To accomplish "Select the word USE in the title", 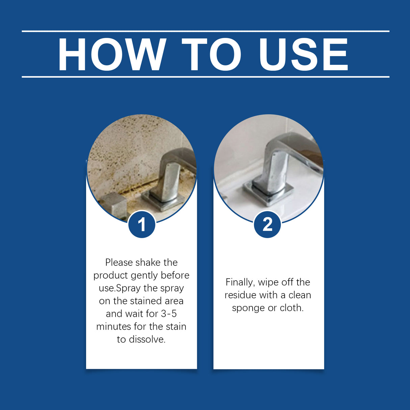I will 303,55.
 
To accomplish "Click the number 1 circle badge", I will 142,224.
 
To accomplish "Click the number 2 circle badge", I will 267,224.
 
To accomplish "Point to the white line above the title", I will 205,31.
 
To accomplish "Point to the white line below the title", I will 205,77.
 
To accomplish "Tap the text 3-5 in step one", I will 169,314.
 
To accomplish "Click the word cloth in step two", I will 291,308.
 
